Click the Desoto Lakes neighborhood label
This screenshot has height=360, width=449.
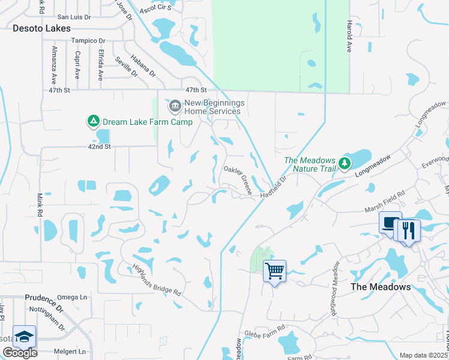(x=41, y=28)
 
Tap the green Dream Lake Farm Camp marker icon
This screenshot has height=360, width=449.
(x=93, y=122)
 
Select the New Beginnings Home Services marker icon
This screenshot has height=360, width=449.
(x=175, y=107)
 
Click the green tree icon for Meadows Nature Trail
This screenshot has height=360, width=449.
(x=344, y=163)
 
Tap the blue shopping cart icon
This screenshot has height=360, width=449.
(x=274, y=271)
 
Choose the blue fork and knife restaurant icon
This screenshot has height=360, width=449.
(x=409, y=230)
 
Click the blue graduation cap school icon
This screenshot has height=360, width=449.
(x=24, y=337)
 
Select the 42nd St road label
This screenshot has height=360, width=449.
(x=100, y=146)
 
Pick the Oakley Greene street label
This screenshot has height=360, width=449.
(x=238, y=180)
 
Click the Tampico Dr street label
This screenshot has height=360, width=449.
(x=88, y=41)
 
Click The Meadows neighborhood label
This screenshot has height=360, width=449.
(x=381, y=287)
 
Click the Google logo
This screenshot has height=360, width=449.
(x=20, y=353)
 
